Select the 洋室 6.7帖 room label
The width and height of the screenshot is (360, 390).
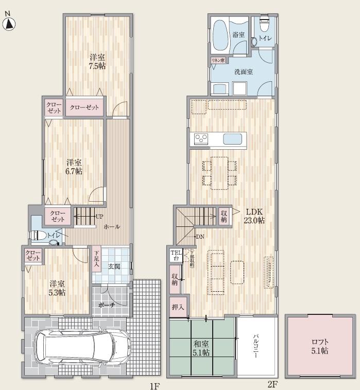point(74,167)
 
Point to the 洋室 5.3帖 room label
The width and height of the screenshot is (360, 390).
point(57,287)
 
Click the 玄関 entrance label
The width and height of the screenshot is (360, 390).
point(114,266)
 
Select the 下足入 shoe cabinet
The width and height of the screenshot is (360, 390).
point(96,257)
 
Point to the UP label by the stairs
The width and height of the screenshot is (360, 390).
point(99,217)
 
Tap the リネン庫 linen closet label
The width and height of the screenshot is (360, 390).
point(218,60)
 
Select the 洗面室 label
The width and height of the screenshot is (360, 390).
point(243,73)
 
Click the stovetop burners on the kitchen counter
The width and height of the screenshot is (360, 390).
point(200,139)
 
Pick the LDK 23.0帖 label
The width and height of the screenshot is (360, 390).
point(254,215)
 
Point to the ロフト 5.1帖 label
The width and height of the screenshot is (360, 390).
point(319,346)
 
